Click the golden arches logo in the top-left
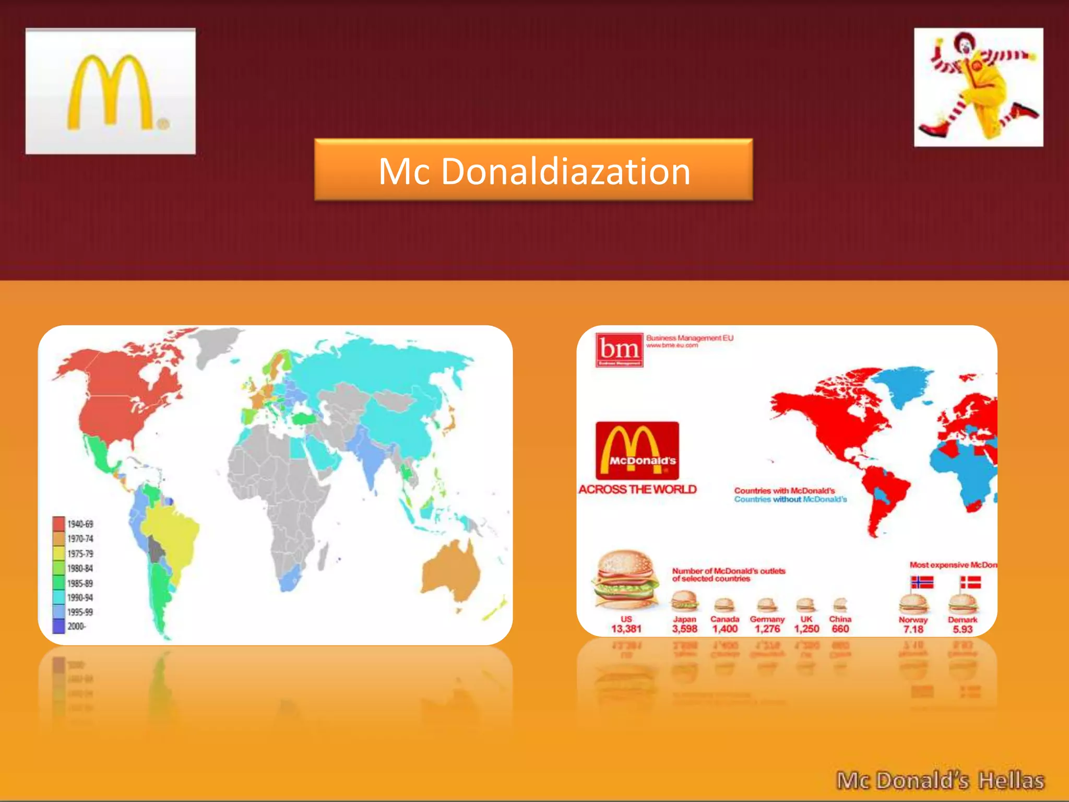click(x=110, y=91)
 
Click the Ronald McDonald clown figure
click(x=978, y=87)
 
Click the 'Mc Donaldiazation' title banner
click(x=533, y=170)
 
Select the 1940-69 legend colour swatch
click(x=58, y=523)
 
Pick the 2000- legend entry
click(x=76, y=626)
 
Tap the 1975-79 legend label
click(x=80, y=553)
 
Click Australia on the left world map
click(x=452, y=569)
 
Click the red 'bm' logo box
click(x=619, y=349)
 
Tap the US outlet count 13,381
click(x=626, y=629)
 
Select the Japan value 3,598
click(x=684, y=629)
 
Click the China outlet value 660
click(x=840, y=629)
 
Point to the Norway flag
click(x=922, y=582)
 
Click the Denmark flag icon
click(x=970, y=582)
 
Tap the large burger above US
click(x=624, y=580)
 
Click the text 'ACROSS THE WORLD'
click(x=637, y=489)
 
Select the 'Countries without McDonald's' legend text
click(x=790, y=500)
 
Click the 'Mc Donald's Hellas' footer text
click(x=940, y=781)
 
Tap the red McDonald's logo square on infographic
click(x=637, y=451)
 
